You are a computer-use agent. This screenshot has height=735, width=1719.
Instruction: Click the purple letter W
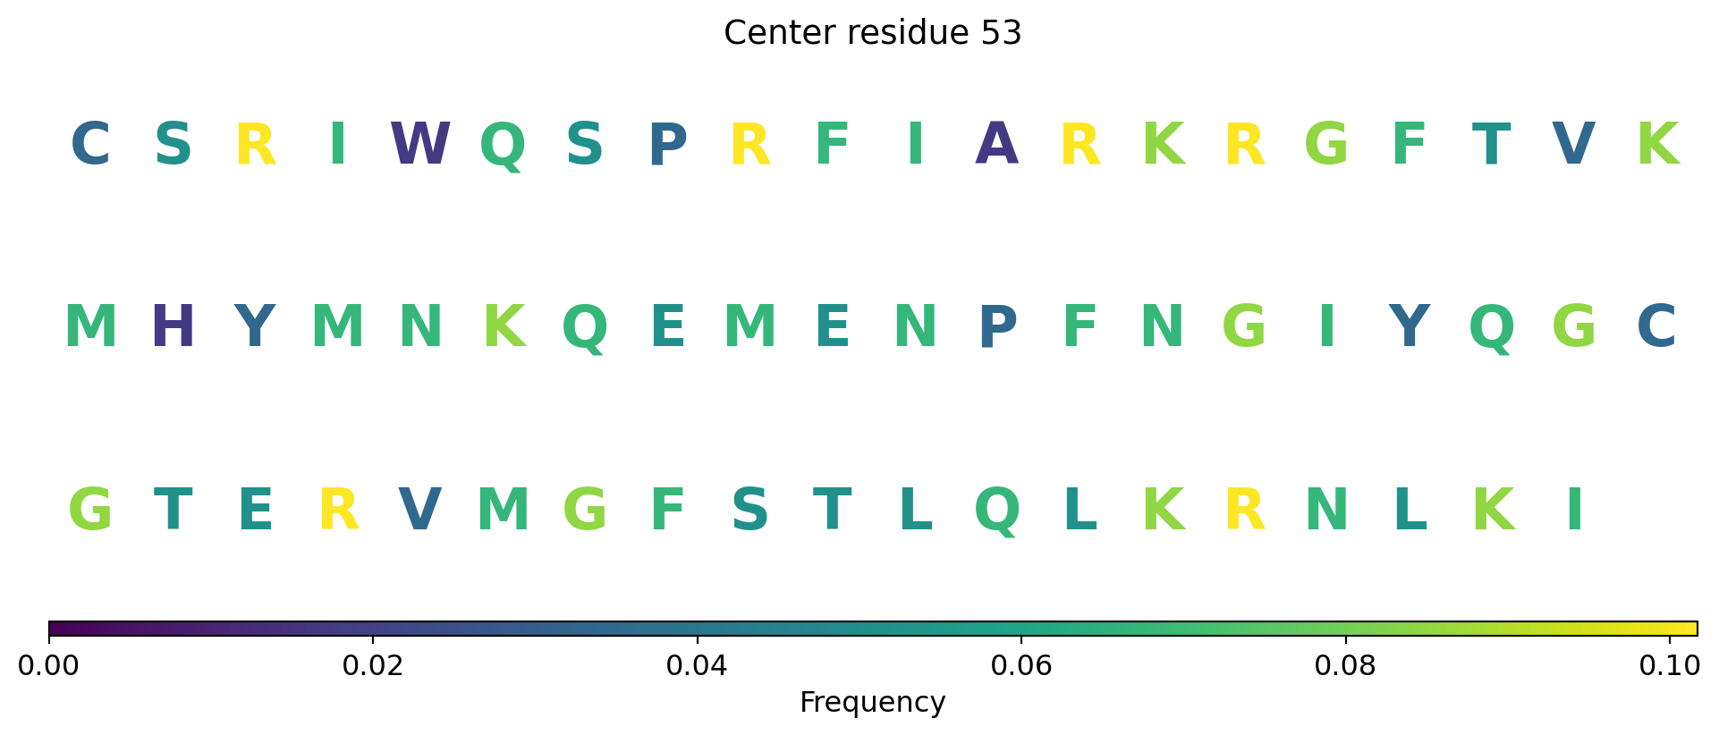[420, 144]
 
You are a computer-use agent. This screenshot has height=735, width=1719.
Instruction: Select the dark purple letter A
[997, 144]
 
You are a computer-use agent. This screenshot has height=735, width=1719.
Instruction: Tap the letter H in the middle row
[173, 327]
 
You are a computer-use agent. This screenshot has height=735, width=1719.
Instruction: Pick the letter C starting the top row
[90, 144]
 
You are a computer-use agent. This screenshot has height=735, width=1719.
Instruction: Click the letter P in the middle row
[998, 327]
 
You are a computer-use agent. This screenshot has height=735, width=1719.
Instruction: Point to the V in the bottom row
[420, 511]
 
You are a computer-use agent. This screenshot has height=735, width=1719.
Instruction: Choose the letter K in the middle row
[504, 327]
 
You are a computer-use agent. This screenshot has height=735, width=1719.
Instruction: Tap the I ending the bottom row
[1575, 511]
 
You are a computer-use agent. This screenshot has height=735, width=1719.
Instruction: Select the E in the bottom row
[256, 511]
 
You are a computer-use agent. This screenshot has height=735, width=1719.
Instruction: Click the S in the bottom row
[749, 511]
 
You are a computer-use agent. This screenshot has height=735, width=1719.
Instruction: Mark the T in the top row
[1491, 144]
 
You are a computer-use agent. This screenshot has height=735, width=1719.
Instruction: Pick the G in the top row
[1326, 144]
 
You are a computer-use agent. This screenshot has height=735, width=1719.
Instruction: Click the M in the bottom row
[504, 511]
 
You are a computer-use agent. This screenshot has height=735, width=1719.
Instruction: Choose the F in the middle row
[1080, 327]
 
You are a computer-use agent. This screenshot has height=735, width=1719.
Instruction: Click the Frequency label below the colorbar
[872, 703]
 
